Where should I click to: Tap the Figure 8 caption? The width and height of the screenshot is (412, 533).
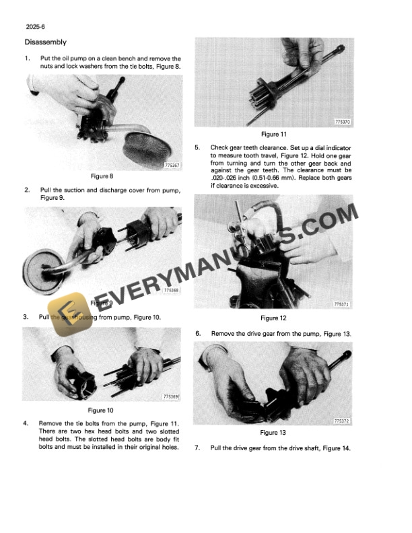[101, 176]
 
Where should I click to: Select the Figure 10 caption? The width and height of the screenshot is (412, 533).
[101, 410]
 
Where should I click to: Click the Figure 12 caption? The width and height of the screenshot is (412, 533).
[273, 318]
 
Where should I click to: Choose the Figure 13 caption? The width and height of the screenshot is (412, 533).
[273, 433]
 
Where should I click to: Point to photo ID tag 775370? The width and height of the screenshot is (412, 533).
[343, 122]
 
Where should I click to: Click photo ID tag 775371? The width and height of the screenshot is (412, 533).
[343, 305]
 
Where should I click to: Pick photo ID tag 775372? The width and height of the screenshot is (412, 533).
[343, 420]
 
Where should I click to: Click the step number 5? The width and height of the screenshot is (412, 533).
[197, 147]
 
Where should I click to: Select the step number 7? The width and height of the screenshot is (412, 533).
[197, 449]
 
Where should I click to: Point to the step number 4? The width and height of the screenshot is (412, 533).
[26, 423]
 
